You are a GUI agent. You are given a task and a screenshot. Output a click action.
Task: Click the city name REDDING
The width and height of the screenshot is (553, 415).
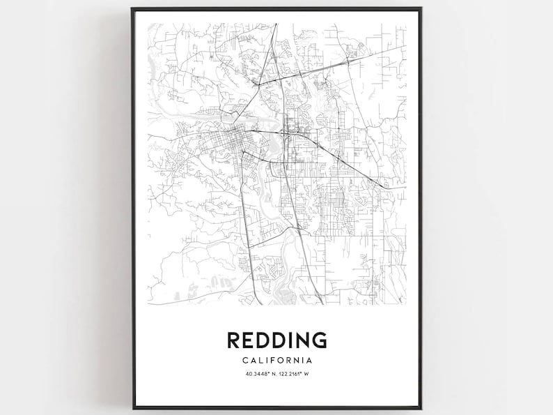[276, 340]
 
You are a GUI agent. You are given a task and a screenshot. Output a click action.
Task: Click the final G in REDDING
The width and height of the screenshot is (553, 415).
[318, 340]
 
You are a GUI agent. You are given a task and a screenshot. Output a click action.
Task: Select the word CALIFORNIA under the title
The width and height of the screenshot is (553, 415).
[276, 361]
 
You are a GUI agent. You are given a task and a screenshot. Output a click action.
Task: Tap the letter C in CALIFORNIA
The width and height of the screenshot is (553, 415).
[245, 361]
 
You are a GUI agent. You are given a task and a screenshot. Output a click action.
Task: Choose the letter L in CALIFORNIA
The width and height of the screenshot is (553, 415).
[260, 361]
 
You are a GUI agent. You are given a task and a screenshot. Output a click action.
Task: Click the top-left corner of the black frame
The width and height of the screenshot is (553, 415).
[132, 8]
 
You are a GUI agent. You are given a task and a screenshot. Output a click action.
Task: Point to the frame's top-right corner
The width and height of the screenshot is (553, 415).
[421, 8]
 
